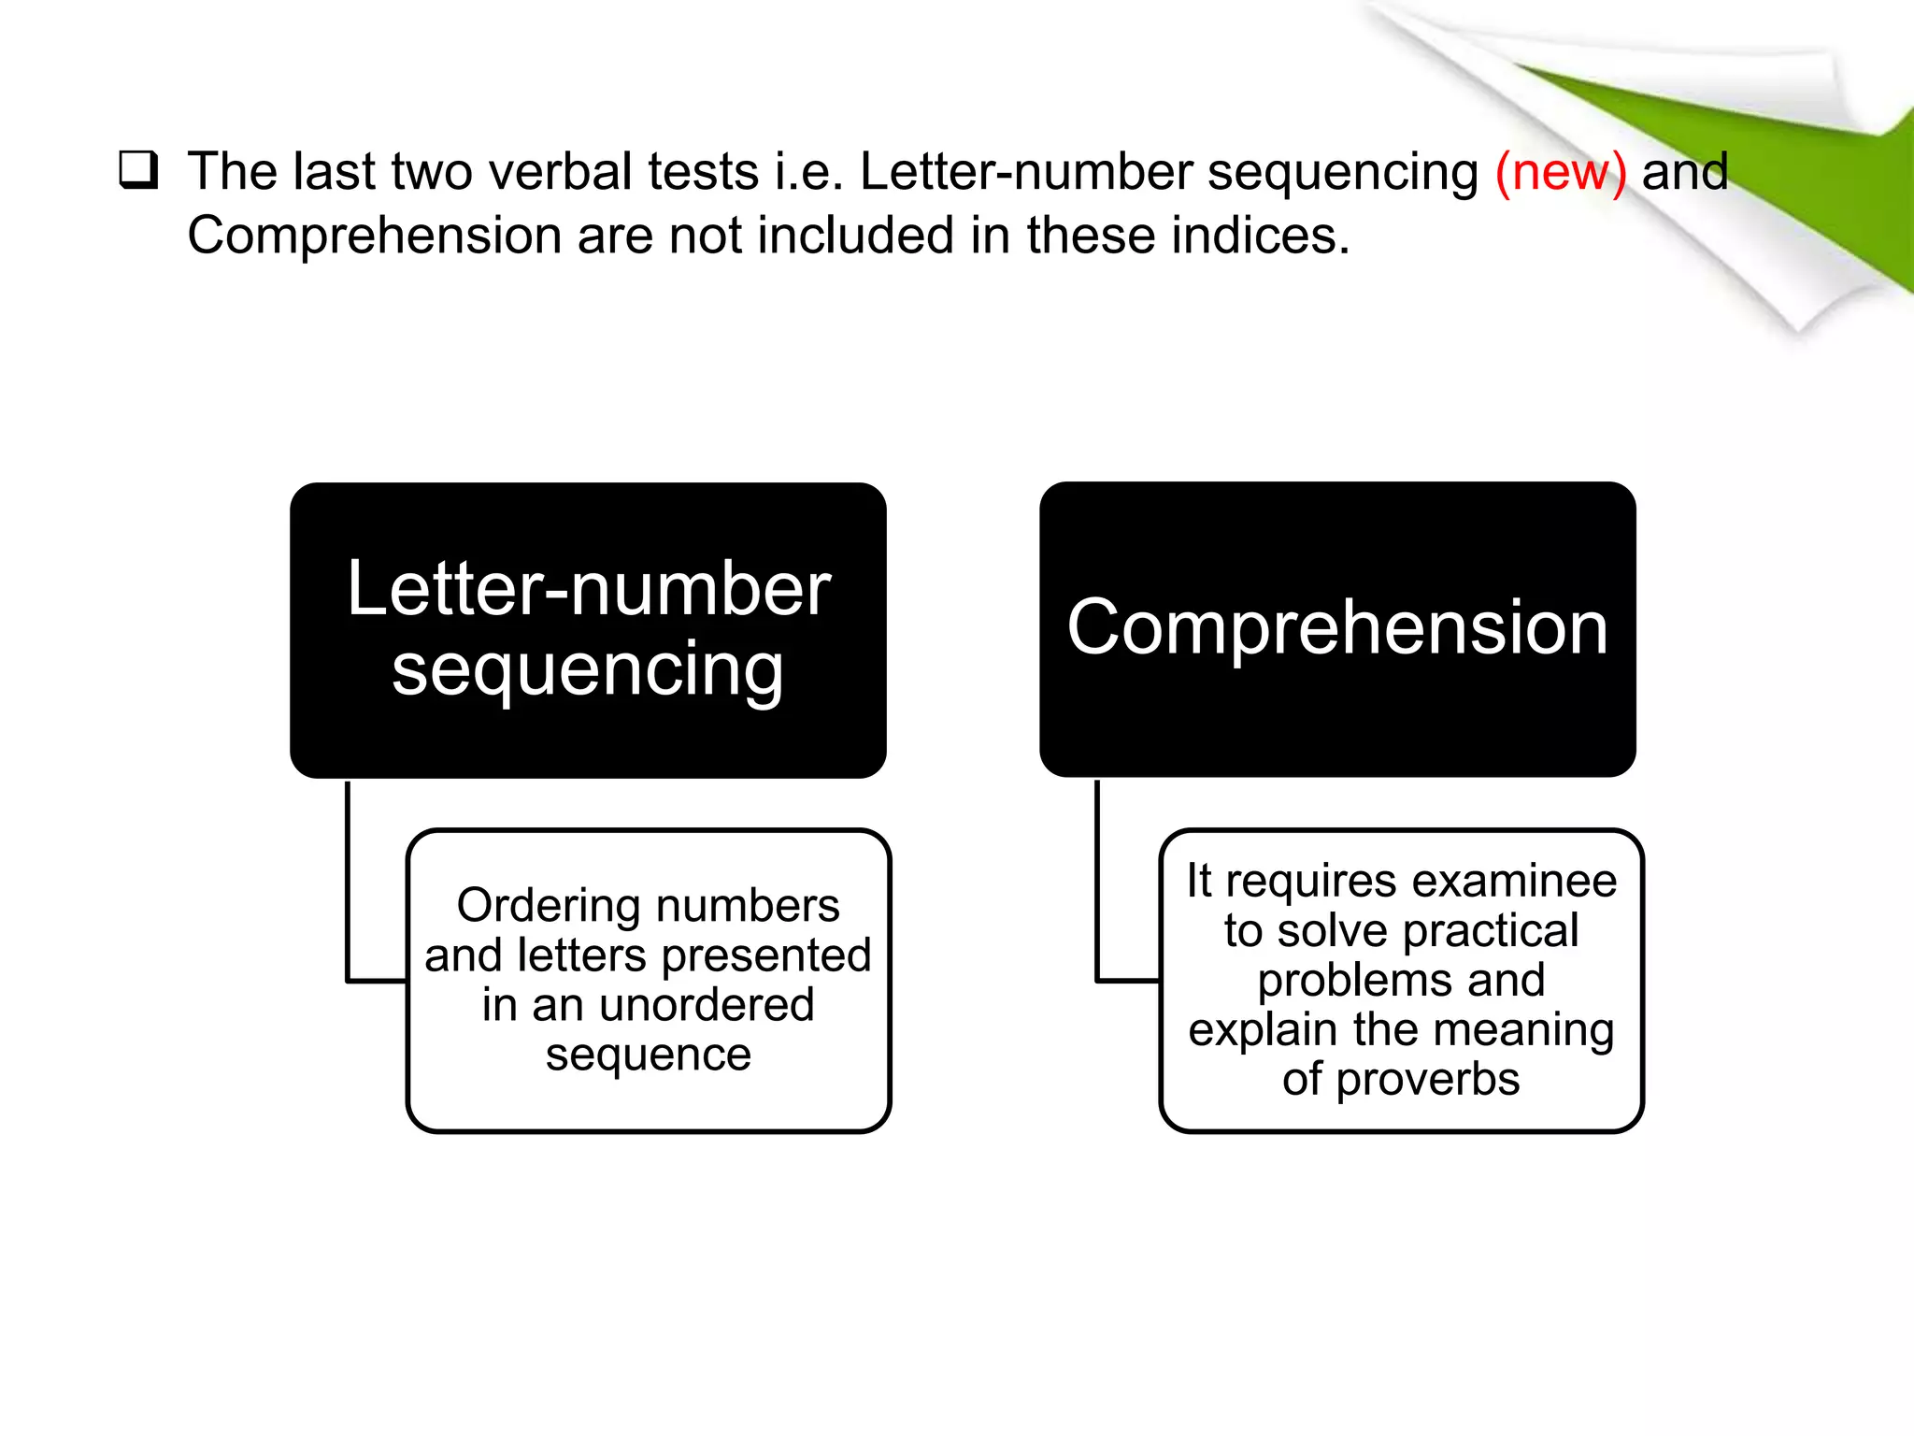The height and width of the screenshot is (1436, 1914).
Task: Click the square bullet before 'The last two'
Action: click(x=138, y=171)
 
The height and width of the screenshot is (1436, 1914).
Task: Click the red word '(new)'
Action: click(x=1560, y=172)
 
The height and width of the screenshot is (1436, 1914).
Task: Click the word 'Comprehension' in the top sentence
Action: click(x=373, y=236)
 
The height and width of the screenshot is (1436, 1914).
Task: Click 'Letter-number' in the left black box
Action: click(x=589, y=589)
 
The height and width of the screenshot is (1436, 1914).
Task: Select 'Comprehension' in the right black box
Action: click(x=1337, y=627)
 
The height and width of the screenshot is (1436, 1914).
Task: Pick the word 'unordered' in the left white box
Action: click(x=707, y=1005)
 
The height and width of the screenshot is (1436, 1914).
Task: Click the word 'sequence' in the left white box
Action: click(x=649, y=1055)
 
